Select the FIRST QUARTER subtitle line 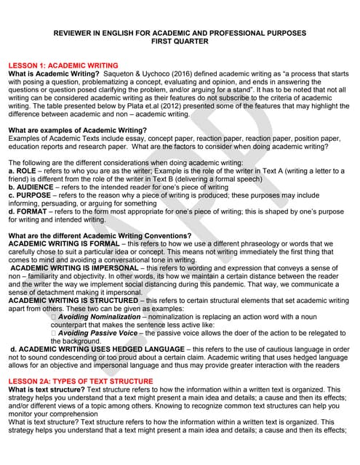(180, 41)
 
